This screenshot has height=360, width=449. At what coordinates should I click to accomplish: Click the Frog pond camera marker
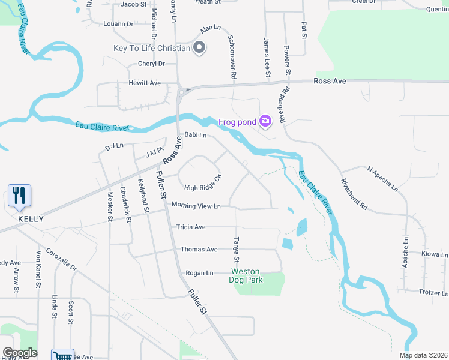(265, 122)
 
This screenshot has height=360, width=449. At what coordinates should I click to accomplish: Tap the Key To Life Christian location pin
(200, 48)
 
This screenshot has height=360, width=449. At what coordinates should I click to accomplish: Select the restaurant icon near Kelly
(19, 196)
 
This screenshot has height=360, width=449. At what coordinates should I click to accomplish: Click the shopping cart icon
(62, 355)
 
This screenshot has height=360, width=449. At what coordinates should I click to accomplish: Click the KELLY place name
(31, 219)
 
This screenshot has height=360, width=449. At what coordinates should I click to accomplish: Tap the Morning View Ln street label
(196, 206)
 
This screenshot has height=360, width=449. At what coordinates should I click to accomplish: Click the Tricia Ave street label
(191, 227)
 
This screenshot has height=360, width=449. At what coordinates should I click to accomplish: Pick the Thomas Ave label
(199, 250)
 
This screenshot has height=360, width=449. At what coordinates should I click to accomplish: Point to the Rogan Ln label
(200, 273)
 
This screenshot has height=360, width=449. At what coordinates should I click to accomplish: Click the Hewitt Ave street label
(145, 83)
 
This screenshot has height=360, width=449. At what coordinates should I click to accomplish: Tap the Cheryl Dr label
(151, 64)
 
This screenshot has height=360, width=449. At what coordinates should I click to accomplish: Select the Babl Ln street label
(195, 136)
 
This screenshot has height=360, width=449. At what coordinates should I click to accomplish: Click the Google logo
(20, 353)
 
